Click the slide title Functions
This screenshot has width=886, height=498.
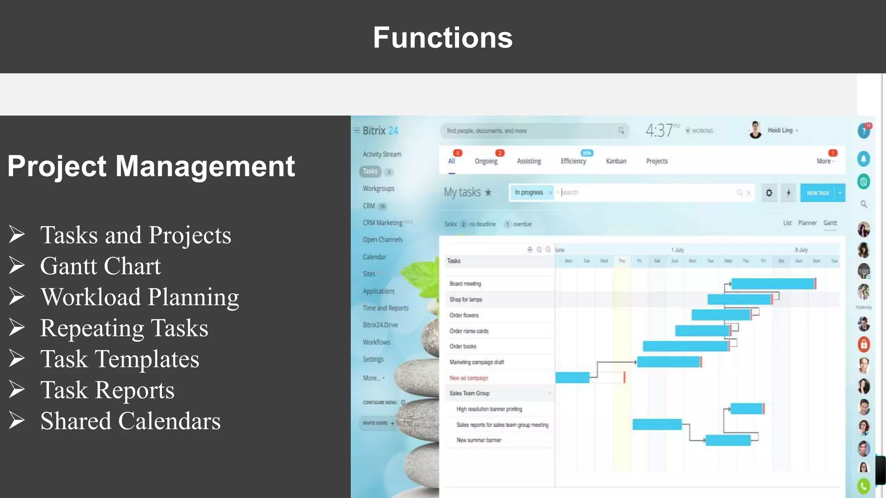[x=443, y=38]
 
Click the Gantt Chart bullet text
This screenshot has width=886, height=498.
[x=100, y=266]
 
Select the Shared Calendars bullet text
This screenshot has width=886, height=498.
[x=130, y=421]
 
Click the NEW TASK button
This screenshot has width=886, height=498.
[x=818, y=193]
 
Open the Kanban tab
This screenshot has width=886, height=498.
[x=616, y=161]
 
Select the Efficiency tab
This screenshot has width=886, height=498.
[x=573, y=161]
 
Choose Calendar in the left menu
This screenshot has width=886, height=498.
[x=374, y=257]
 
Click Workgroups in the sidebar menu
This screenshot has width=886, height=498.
[x=379, y=188]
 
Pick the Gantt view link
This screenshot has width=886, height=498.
[x=830, y=223]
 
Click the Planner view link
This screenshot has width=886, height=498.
[x=807, y=223]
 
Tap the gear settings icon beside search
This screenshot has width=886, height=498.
[x=769, y=193]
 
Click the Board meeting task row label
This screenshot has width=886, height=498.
[x=465, y=284]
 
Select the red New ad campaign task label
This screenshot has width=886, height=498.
[x=469, y=378]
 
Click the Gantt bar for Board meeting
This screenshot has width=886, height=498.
[x=773, y=284]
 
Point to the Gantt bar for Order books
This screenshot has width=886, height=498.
[x=685, y=346]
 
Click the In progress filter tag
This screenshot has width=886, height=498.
[x=529, y=192]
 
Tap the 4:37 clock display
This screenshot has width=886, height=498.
[x=659, y=130]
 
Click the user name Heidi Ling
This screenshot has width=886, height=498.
[x=780, y=130]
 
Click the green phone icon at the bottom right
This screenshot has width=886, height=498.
[x=864, y=486]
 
